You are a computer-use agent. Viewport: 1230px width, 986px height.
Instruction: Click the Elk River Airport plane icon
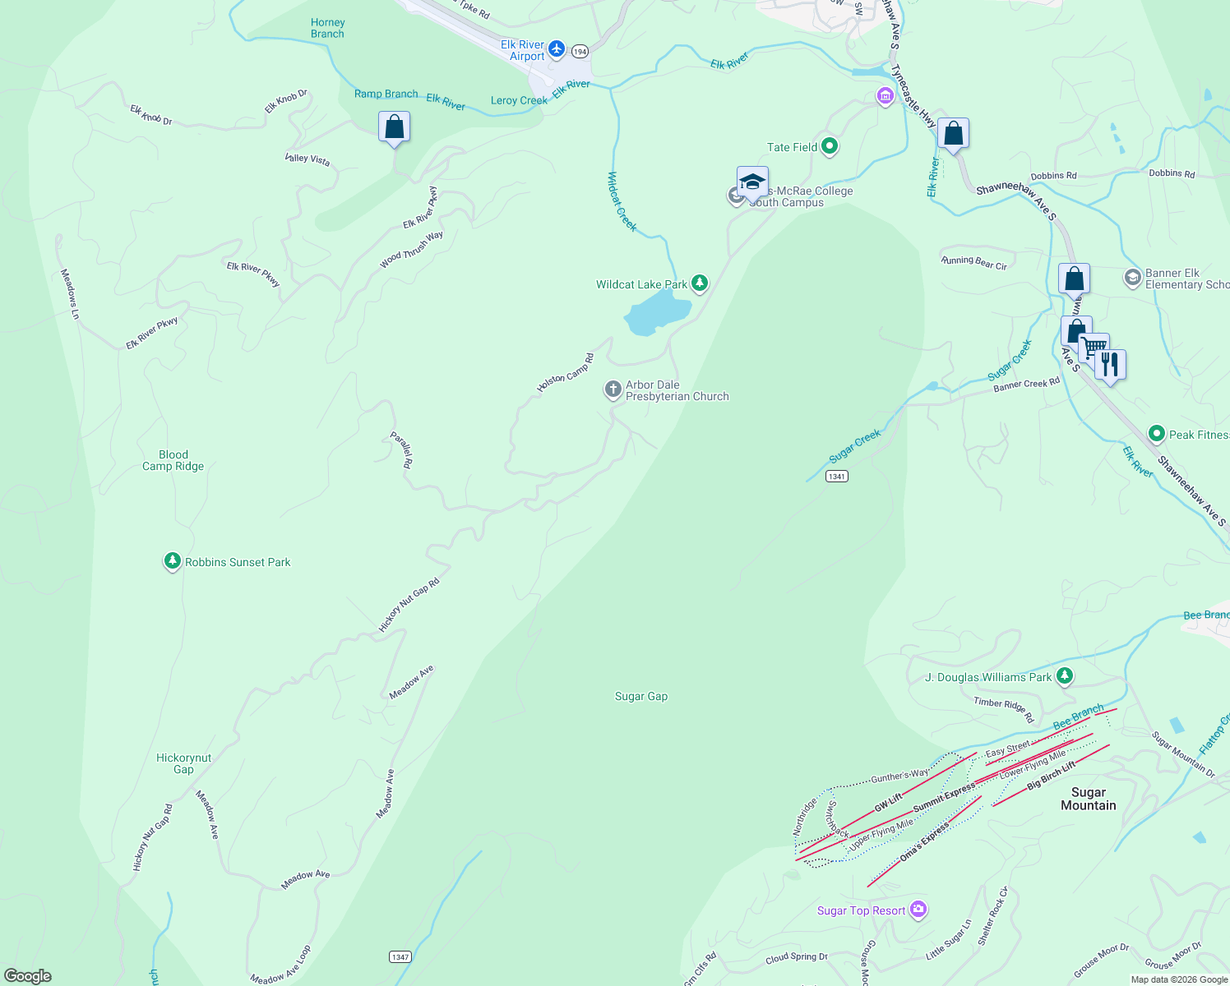(557, 50)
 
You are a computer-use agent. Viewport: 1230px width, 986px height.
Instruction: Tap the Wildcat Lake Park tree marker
(700, 283)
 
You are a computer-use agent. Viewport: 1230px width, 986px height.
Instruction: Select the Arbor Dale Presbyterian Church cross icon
(613, 389)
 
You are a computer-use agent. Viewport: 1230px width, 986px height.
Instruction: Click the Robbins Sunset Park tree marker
(172, 561)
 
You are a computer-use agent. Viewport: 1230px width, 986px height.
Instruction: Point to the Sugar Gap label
(641, 696)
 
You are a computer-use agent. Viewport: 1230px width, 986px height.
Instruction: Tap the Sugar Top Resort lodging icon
(919, 910)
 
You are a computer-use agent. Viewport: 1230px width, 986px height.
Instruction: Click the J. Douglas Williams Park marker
(1065, 676)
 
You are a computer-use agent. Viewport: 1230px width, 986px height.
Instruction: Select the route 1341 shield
(837, 477)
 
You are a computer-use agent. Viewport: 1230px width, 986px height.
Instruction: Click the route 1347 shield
(400, 957)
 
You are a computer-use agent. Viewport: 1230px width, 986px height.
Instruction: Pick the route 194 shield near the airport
(580, 51)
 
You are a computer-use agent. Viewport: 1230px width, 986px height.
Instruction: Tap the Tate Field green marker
(830, 147)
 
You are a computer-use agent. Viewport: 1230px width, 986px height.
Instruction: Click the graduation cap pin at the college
(752, 182)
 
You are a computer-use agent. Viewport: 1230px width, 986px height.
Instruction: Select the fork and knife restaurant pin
(1110, 364)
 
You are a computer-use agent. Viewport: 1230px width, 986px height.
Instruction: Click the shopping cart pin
(1094, 348)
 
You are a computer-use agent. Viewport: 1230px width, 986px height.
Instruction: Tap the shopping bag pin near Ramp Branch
(395, 127)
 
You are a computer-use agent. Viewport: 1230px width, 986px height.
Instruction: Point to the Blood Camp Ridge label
(173, 460)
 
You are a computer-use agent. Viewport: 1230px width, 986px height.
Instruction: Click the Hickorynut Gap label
(183, 763)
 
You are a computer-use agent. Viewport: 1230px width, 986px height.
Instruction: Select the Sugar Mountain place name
(1088, 799)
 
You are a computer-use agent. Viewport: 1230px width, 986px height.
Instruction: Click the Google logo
(28, 975)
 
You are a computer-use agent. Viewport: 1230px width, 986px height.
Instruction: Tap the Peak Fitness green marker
(1157, 433)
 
